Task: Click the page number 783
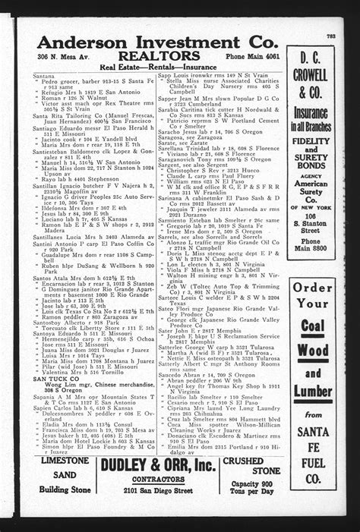(331, 36)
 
